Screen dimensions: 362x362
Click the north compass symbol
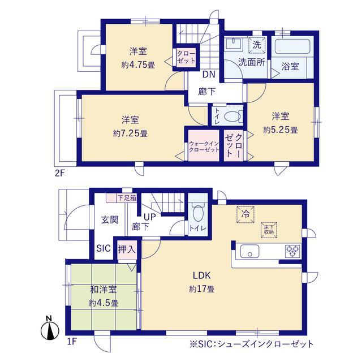click(x=50, y=329)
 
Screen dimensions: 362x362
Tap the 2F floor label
click(x=59, y=173)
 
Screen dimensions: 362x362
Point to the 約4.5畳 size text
click(x=104, y=303)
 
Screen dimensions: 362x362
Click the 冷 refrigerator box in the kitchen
click(x=245, y=214)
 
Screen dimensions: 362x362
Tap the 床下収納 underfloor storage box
click(x=269, y=230)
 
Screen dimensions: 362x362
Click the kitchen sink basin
click(x=249, y=251)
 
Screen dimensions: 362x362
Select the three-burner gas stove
click(x=292, y=251)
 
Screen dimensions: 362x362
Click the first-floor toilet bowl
click(x=198, y=213)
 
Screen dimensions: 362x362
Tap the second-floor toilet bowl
click(x=232, y=117)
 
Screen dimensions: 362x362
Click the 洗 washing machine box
click(x=257, y=45)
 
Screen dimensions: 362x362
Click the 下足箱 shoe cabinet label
click(x=127, y=198)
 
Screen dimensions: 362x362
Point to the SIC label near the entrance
click(x=104, y=248)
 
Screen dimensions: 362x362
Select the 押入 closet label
click(x=127, y=249)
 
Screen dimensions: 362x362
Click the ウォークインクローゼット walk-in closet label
click(x=204, y=146)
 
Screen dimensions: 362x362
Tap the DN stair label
click(x=209, y=74)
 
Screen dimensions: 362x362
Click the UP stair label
click(x=150, y=217)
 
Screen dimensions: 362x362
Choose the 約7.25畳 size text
click(x=130, y=133)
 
